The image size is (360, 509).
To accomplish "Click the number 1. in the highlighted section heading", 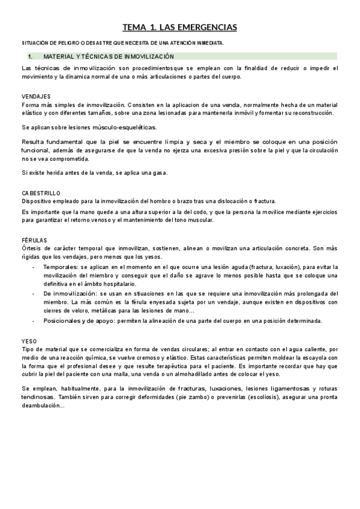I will (x=31, y=56).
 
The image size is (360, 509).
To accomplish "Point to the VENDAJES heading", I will (x=36, y=96).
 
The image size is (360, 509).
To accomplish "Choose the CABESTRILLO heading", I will (x=41, y=193).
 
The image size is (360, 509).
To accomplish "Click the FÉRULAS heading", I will (x=34, y=239).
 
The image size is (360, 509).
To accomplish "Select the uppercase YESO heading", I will (x=29, y=340).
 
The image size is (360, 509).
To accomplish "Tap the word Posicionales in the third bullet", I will (x=64, y=321).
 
